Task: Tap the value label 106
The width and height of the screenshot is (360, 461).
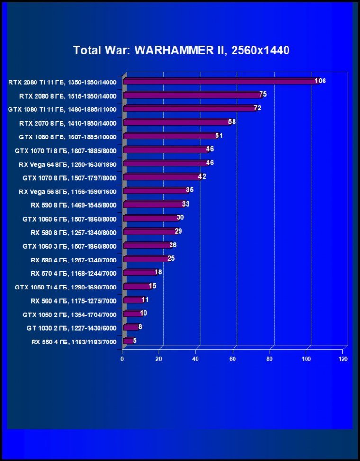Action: coord(321,81)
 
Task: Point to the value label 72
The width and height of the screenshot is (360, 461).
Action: coord(258,108)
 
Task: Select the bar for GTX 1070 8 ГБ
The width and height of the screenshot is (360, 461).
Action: coord(162,177)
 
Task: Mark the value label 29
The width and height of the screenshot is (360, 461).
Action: coord(178,231)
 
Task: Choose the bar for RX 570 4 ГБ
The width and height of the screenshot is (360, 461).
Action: coord(139,272)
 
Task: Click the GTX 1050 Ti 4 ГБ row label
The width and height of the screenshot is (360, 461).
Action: coord(65,287)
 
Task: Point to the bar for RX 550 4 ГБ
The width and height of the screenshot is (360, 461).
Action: coord(128,341)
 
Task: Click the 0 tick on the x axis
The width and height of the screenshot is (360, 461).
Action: coord(122,359)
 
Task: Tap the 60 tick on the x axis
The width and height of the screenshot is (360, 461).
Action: coord(233,359)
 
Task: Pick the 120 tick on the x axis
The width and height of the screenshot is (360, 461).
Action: coord(343,359)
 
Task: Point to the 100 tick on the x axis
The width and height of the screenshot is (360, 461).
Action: coord(306,359)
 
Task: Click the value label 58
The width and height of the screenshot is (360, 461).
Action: coord(232,122)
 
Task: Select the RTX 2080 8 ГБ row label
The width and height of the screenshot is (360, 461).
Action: coord(68,96)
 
